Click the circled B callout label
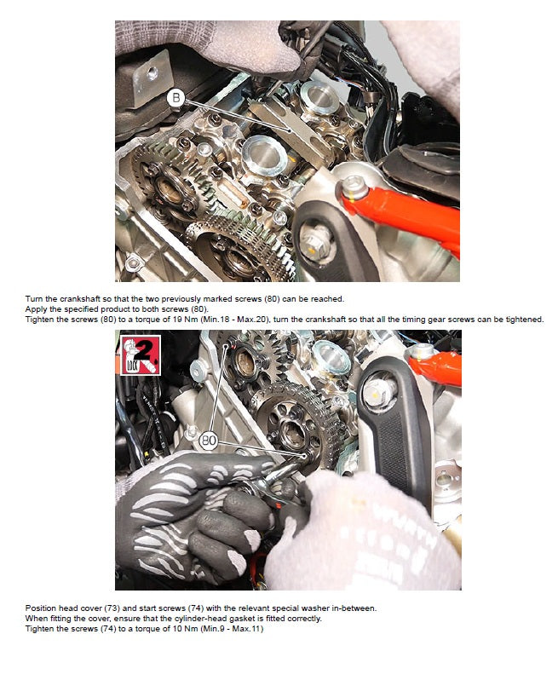pyautogui.click(x=176, y=99)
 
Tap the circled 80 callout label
pyautogui.click(x=207, y=442)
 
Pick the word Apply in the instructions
pyautogui.click(x=37, y=308)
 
